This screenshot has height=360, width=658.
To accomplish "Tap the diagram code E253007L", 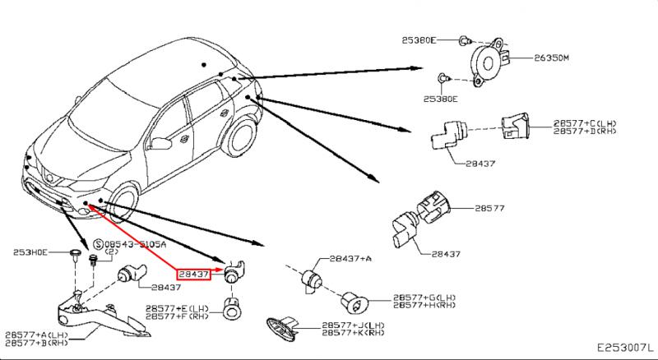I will pyautogui.click(x=623, y=349).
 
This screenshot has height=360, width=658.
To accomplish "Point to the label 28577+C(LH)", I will pyautogui.click(x=585, y=122).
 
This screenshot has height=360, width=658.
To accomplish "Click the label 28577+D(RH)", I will pyautogui.click(x=585, y=131).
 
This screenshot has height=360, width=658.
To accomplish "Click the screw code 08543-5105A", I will pyautogui.click(x=132, y=244).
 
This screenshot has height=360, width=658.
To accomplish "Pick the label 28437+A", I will pyautogui.click(x=350, y=258).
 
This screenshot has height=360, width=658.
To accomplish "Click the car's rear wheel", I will pyautogui.click(x=241, y=141).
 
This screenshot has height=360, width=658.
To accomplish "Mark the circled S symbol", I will pyautogui.click(x=98, y=244).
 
